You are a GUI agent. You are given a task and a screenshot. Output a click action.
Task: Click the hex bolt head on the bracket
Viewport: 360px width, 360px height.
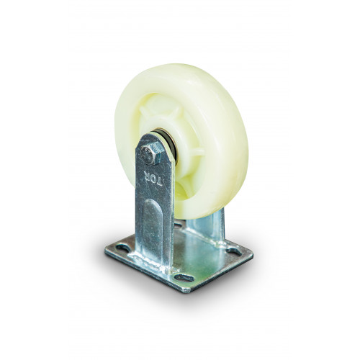(x=153, y=153)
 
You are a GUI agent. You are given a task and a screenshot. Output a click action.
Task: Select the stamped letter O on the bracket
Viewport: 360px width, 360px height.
(x=152, y=179)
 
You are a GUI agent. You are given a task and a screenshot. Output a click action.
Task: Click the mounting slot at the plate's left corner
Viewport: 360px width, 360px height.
(x=122, y=248)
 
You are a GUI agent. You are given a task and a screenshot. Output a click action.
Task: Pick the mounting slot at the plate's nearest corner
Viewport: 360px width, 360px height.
(x=184, y=278)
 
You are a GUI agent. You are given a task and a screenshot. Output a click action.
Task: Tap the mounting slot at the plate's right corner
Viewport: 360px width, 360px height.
(x=235, y=252)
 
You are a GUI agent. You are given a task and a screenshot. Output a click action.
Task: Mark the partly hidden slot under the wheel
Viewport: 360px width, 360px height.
(x=179, y=225)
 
